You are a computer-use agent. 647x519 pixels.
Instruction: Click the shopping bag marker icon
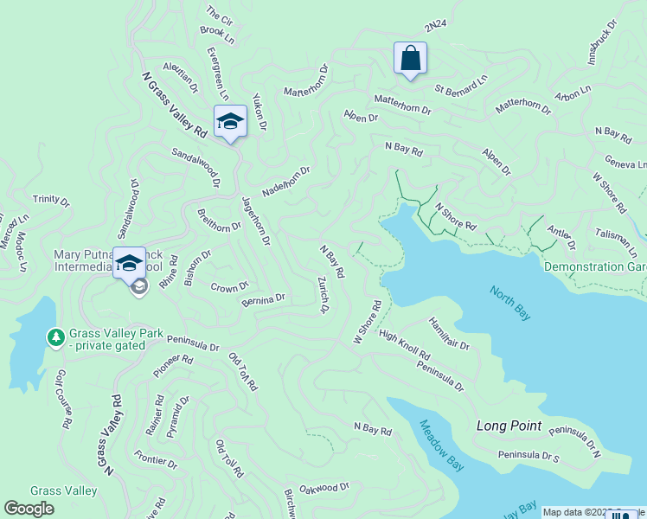(410, 59)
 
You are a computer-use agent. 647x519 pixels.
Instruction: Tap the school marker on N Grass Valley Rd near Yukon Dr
(230, 121)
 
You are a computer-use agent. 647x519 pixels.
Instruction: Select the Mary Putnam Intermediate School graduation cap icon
(130, 262)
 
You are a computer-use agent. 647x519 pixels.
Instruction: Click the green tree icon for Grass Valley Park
(56, 336)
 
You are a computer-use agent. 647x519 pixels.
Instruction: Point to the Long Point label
(509, 426)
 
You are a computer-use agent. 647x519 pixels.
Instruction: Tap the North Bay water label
(510, 303)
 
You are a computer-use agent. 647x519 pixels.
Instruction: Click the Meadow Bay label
(441, 445)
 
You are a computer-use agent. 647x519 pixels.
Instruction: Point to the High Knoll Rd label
(404, 345)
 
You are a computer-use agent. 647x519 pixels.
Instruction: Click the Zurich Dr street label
(322, 294)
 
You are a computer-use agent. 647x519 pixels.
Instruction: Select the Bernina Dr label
(264, 298)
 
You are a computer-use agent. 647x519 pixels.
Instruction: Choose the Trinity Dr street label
(51, 200)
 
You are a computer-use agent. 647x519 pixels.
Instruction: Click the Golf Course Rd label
(62, 400)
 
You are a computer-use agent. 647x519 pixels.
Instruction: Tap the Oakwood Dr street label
(323, 488)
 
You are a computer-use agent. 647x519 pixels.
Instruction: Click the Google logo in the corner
(29, 509)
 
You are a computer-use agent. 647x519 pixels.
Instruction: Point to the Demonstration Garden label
(595, 267)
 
